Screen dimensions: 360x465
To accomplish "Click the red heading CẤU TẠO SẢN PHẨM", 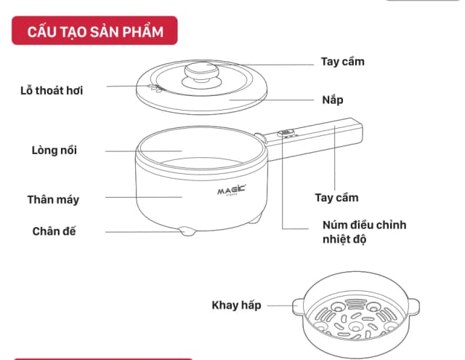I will click(94, 32).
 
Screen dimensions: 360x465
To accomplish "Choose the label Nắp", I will click(333, 99).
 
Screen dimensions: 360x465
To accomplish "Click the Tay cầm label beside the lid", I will click(342, 61).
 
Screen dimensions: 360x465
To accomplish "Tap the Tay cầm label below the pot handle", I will click(336, 197).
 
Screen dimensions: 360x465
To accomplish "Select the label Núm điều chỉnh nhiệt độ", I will click(364, 231).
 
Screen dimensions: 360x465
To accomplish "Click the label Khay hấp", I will click(236, 305).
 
